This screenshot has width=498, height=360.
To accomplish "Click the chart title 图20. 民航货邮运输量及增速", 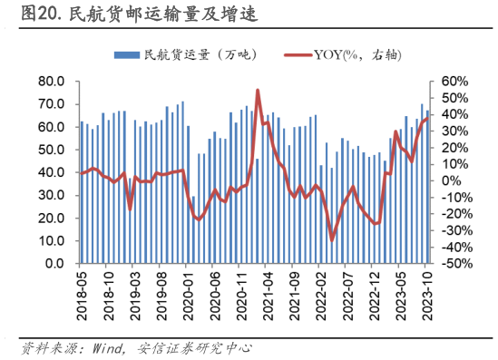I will pos(127,15).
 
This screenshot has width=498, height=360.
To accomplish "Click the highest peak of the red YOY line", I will pos(259,91).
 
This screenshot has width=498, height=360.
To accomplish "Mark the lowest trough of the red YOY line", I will pos(332,239).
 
